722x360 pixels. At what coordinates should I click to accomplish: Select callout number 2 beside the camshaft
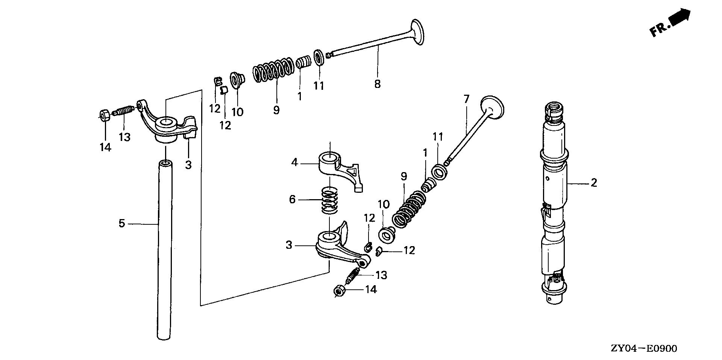tap(594, 183)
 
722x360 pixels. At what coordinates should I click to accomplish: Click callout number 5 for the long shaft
tap(121, 224)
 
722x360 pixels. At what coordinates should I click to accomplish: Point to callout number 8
tap(377, 84)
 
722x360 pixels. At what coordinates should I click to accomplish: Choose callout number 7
tap(466, 99)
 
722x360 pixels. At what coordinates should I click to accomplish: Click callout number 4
tap(294, 163)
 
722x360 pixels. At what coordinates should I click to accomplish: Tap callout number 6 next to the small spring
tap(293, 199)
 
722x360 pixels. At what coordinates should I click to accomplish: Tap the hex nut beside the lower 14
tap(338, 291)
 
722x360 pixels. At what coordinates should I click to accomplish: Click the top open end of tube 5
tap(165, 164)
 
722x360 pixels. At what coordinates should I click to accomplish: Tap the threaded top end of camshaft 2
tap(554, 111)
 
